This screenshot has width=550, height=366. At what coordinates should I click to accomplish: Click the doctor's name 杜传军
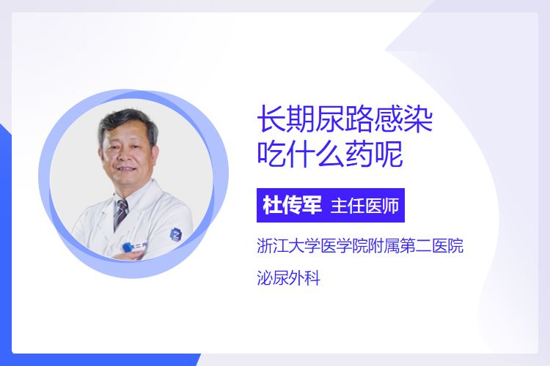pyautogui.click(x=292, y=205)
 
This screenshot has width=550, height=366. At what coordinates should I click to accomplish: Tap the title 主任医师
pyautogui.click(x=364, y=206)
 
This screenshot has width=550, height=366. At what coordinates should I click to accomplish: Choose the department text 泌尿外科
pyautogui.click(x=289, y=279)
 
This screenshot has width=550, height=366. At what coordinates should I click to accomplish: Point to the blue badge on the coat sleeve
pyautogui.click(x=176, y=234)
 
